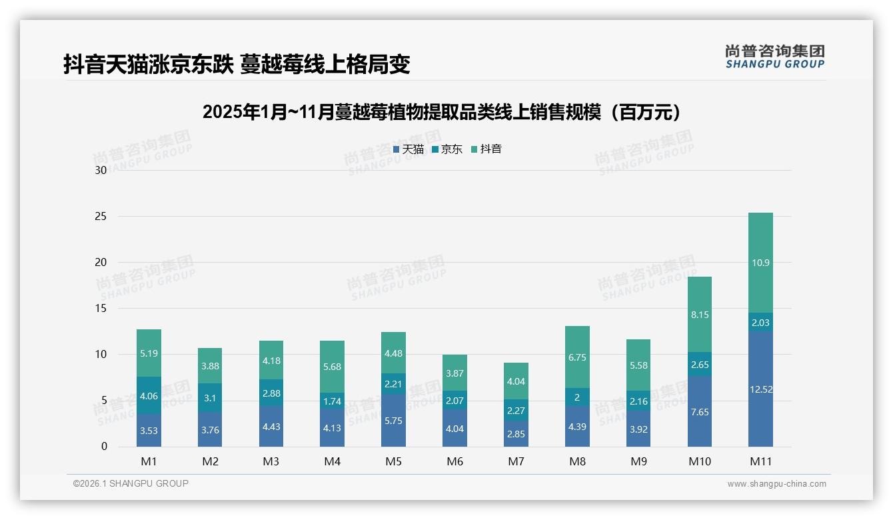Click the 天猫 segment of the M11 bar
point(760,389)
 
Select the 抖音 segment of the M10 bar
point(699,314)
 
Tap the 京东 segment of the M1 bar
point(149,395)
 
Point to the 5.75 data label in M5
point(393,421)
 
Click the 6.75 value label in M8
point(577,357)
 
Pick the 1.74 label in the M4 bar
point(333,401)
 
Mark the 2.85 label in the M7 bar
point(516,434)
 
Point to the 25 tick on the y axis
point(101,216)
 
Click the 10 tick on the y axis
point(101,354)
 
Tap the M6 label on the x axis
point(454,461)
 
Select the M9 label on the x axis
point(638,461)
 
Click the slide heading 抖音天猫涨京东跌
point(237,64)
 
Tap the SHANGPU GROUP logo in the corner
point(775,57)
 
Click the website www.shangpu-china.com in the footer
point(776,484)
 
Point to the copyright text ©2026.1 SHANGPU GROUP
point(131,483)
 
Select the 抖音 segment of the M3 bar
point(271,360)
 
